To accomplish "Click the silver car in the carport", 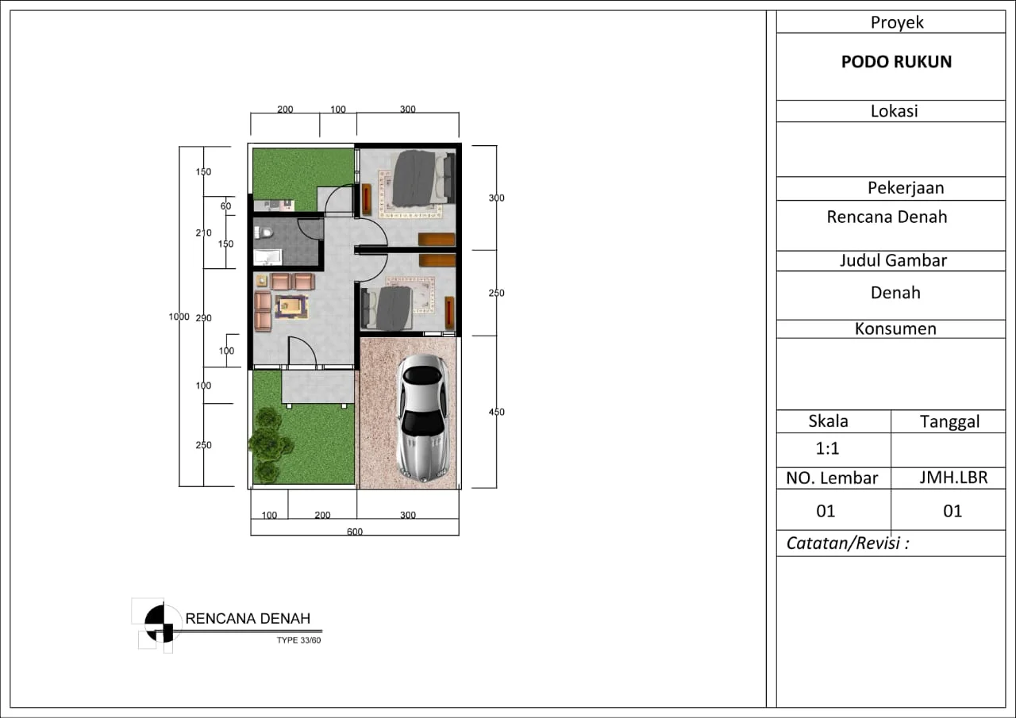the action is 423,418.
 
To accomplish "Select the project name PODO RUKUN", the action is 896,62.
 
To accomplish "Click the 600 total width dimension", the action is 355,532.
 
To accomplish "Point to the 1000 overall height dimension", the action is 179,317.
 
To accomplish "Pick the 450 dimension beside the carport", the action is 496,412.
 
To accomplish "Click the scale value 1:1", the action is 827,448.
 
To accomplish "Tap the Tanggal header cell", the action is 949,421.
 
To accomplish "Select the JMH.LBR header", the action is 953,478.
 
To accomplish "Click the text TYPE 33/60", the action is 298,640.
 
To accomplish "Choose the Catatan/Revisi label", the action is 847,543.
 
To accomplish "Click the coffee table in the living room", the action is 291,306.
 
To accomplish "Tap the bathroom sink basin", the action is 267,257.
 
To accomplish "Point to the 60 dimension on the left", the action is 225,205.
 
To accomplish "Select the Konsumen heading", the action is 895,328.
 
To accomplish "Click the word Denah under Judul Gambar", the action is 895,293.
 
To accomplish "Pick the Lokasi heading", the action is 894,111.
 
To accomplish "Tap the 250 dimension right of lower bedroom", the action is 496,293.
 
